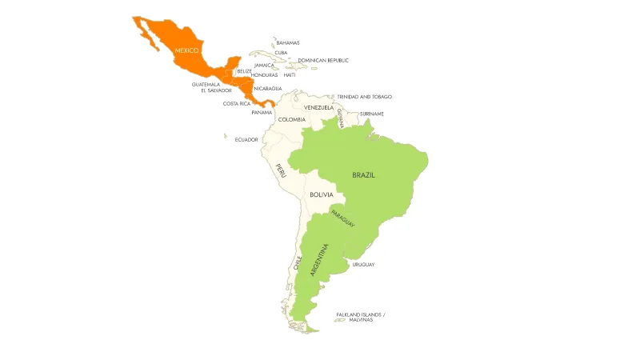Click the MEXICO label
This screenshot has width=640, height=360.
pos(186,50)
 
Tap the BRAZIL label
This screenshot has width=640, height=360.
pos(364,174)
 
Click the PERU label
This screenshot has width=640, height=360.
pos(280,170)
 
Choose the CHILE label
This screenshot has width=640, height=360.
pos(298,263)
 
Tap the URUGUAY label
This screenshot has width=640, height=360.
pos(363,264)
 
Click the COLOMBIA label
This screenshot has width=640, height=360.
pos(292,119)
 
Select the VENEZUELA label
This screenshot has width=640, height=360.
pos(318,107)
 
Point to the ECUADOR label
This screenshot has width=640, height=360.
pos(246,139)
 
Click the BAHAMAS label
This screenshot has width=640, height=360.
pos(288,42)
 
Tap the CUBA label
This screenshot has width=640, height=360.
pos(281,53)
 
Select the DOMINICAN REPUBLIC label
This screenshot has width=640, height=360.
pos(323,60)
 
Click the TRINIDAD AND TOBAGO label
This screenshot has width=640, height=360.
pos(365,96)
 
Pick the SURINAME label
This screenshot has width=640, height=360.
pos(371,114)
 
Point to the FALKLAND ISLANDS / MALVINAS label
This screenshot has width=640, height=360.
pos(360,317)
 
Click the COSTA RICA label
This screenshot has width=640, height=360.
pos(237,103)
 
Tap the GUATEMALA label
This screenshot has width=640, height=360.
pos(206,84)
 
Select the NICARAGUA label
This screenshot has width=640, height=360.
pos(268,88)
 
